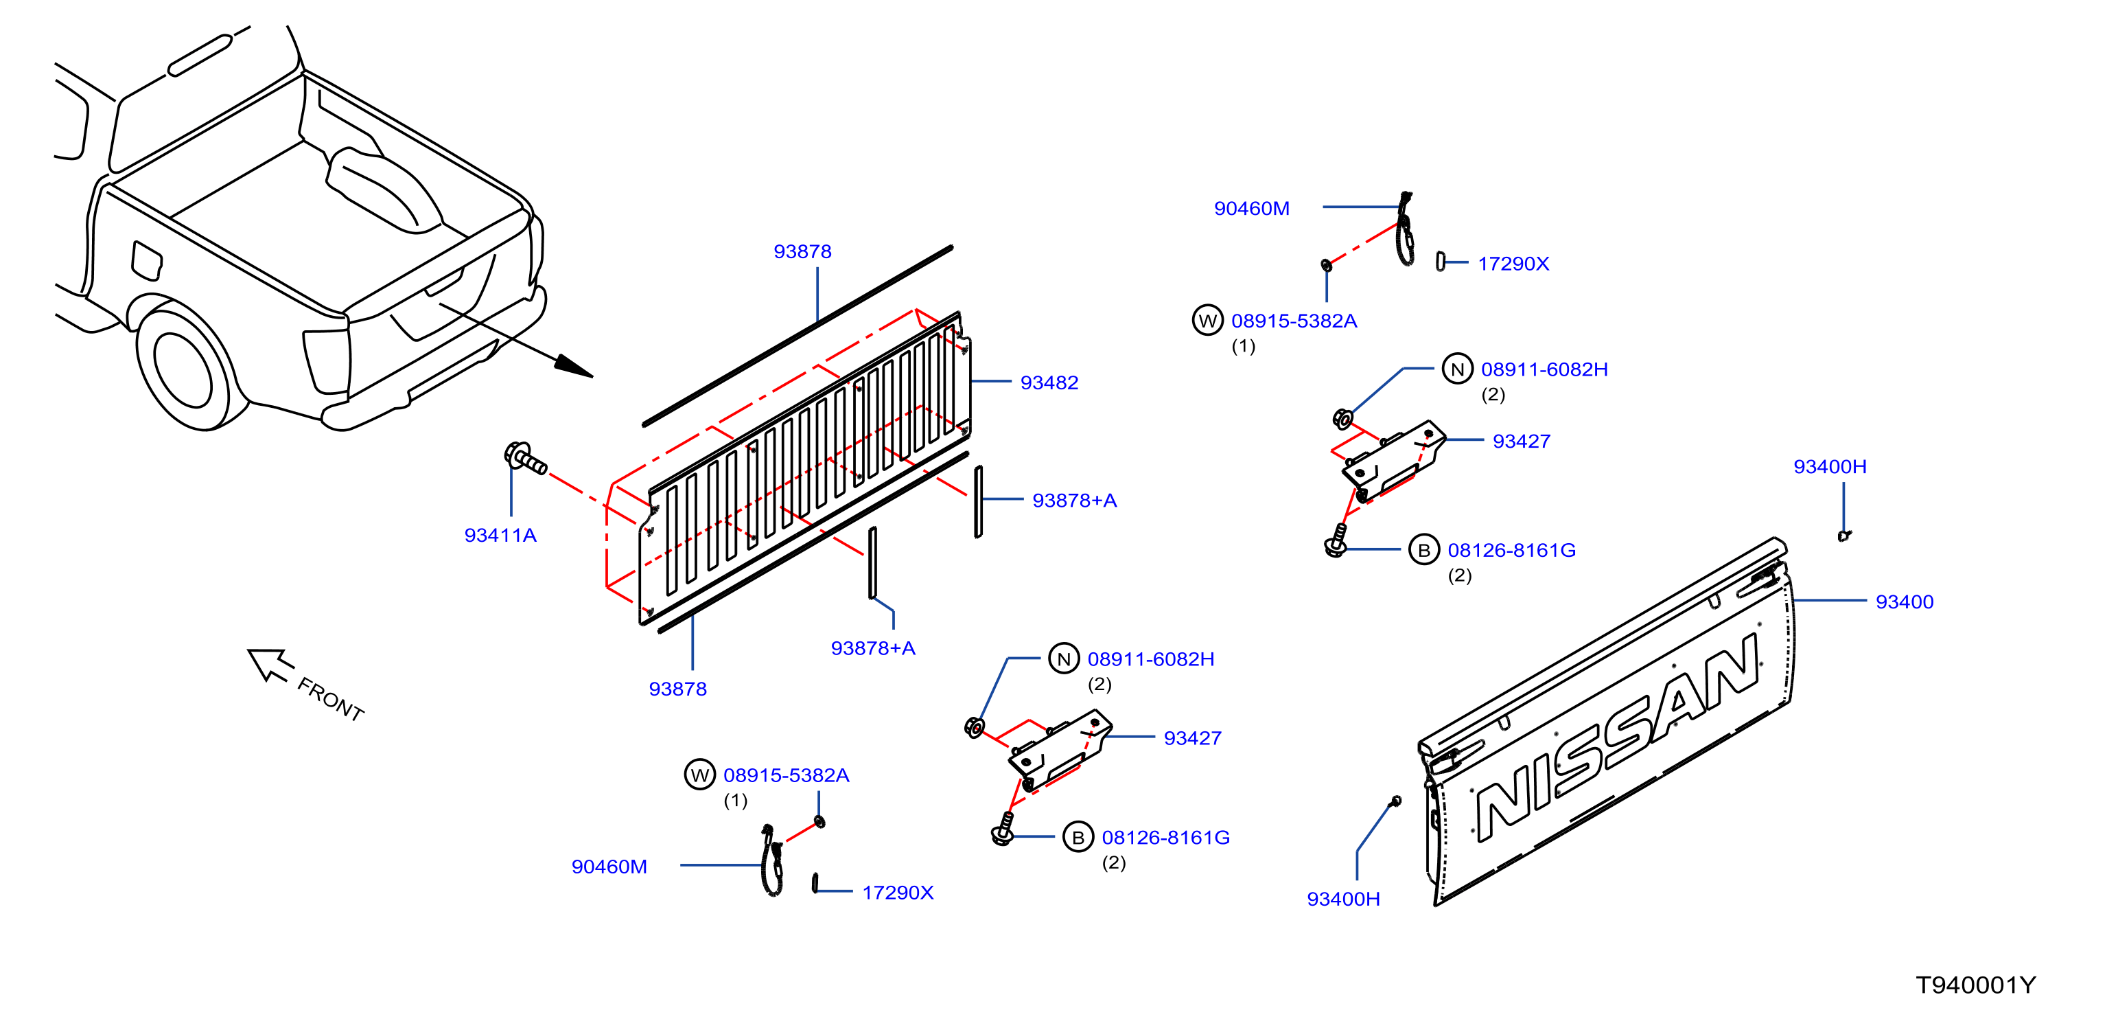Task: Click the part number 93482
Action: [x=1049, y=382]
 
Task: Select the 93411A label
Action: [x=501, y=536]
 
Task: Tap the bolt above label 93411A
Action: [x=524, y=458]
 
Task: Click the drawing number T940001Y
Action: [x=1976, y=985]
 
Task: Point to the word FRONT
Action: [x=331, y=699]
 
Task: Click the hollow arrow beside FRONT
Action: [x=269, y=665]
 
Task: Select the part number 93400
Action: [x=1905, y=602]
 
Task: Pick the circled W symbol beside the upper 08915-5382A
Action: [x=1208, y=321]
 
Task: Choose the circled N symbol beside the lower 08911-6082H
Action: [x=1064, y=659]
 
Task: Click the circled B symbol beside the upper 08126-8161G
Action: [x=1424, y=550]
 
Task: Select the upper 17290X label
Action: [x=1513, y=264]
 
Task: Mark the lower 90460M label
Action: [x=609, y=867]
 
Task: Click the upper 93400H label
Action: [x=1830, y=467]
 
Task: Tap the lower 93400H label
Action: [x=1344, y=899]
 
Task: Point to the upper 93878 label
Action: [x=802, y=252]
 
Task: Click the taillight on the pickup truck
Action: [x=327, y=362]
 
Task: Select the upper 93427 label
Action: [x=1522, y=442]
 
